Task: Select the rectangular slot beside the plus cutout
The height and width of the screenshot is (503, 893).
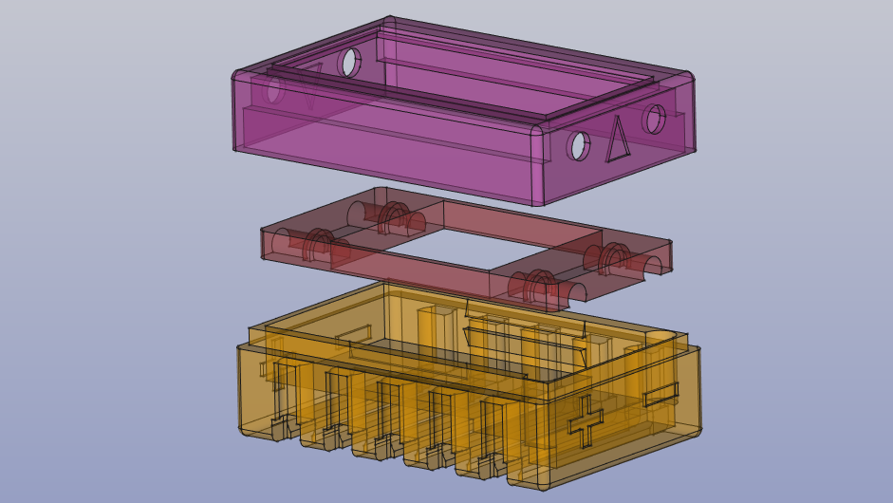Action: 660,393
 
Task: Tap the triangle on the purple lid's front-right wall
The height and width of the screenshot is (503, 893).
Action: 618,139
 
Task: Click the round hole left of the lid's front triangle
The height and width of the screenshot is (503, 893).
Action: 579,146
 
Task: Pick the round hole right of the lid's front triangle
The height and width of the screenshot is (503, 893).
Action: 654,119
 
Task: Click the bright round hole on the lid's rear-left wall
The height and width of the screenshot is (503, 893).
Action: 350,62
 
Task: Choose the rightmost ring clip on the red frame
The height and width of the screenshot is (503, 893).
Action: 613,258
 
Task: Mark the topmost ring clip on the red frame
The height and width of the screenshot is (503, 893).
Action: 393,217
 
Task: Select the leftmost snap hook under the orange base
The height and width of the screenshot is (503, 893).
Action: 281,428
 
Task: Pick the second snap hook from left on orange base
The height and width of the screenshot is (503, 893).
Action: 333,438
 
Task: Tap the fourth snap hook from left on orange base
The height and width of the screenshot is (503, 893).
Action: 437,456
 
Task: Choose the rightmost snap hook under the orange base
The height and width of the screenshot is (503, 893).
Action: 490,466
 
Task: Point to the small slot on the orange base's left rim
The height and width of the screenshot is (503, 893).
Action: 352,334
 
